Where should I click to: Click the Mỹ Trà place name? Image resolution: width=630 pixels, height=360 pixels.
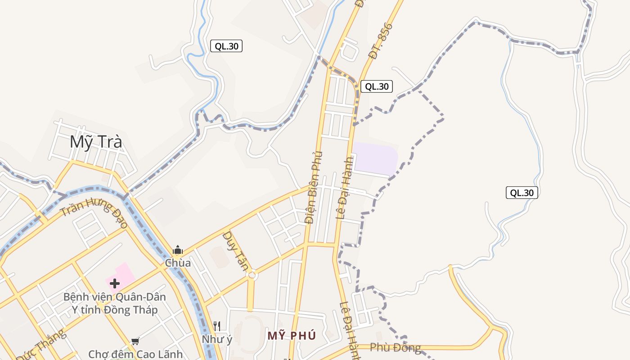96,142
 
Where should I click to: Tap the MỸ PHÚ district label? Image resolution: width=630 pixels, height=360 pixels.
292,336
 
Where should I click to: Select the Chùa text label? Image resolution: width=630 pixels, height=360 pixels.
178,263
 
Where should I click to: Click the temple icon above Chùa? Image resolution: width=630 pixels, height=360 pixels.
178,250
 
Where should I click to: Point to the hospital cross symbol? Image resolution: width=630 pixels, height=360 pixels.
115,283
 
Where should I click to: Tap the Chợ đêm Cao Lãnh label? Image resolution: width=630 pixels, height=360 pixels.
135,354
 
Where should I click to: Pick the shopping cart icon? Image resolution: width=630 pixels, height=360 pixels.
135,342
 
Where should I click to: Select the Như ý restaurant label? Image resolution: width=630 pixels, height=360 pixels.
217,339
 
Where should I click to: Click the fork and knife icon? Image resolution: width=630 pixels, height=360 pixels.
217,325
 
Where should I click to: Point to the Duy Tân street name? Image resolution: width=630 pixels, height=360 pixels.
235,251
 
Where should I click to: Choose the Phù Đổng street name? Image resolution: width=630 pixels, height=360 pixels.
395,347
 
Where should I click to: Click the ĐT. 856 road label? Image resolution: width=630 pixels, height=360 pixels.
380,41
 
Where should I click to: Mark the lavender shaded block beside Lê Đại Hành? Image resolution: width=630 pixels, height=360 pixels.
375,158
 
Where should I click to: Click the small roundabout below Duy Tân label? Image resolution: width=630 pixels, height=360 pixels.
252,275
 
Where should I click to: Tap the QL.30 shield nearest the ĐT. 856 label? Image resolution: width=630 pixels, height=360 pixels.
376,86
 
